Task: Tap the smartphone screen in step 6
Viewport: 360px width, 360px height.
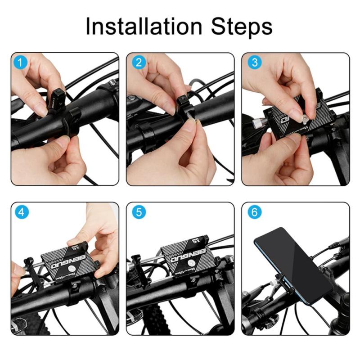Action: [292, 265]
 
